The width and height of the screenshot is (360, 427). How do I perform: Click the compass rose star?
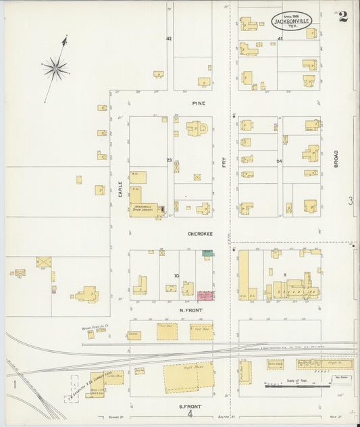click(x=55, y=67)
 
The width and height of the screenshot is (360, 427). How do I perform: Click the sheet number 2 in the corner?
click(x=344, y=16)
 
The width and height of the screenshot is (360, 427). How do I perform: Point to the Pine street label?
click(x=198, y=103)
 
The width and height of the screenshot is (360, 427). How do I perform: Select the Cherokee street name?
click(x=201, y=234)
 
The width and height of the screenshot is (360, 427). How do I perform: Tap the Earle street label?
click(x=120, y=188)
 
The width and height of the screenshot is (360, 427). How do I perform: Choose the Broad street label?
click(x=335, y=157)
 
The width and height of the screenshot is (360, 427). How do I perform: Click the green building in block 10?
click(x=208, y=253)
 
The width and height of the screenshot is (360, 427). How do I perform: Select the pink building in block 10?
click(x=205, y=296)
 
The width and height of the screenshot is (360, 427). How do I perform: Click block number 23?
click(x=169, y=160)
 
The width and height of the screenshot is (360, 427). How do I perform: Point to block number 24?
click(x=278, y=161)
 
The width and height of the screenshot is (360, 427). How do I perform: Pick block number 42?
click(x=169, y=39)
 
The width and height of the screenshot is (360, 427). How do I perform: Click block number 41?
click(x=279, y=40)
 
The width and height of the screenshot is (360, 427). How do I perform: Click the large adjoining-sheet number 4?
click(x=190, y=413)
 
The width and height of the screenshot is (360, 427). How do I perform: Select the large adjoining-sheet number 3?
click(x=350, y=200)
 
